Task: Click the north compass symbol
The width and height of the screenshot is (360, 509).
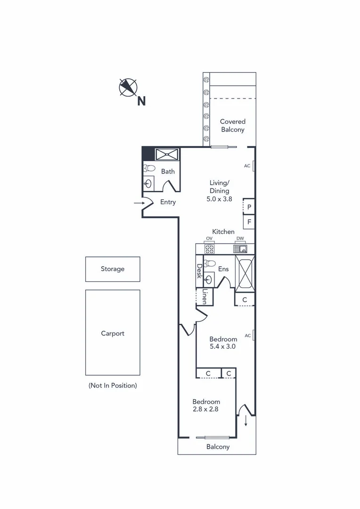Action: click(x=128, y=87)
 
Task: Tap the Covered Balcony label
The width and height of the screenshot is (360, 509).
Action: click(x=233, y=125)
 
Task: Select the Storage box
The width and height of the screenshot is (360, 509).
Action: click(x=113, y=269)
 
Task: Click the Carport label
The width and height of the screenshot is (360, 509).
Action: click(x=113, y=333)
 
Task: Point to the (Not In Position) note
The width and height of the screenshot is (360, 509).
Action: click(x=113, y=385)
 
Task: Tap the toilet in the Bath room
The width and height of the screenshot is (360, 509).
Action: click(x=149, y=168)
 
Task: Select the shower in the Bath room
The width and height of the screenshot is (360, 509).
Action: click(x=167, y=154)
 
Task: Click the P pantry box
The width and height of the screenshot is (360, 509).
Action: click(x=249, y=206)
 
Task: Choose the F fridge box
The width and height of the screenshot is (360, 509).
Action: click(x=249, y=221)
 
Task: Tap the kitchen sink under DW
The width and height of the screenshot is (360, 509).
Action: click(x=240, y=249)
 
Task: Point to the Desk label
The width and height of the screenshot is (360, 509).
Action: click(x=199, y=271)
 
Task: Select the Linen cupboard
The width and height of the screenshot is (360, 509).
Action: click(x=205, y=296)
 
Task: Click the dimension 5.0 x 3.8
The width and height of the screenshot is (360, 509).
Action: click(x=220, y=198)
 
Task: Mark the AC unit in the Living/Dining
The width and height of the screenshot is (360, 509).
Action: click(x=253, y=166)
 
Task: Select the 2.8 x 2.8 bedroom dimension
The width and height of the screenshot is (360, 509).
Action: click(x=205, y=409)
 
